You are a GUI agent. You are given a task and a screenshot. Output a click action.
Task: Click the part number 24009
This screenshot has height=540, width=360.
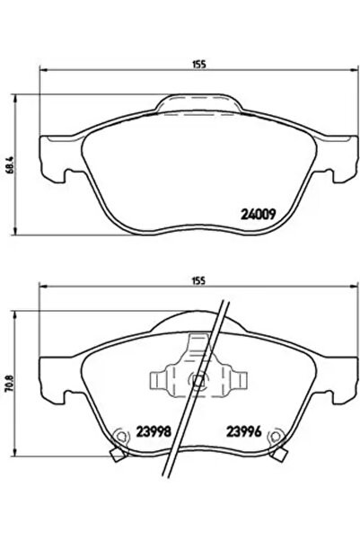coord(259,215)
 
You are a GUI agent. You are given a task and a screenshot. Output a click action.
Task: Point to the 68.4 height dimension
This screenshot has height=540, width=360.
coord(11,167)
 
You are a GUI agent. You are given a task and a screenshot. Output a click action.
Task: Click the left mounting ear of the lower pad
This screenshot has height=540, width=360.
coord(49,377)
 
